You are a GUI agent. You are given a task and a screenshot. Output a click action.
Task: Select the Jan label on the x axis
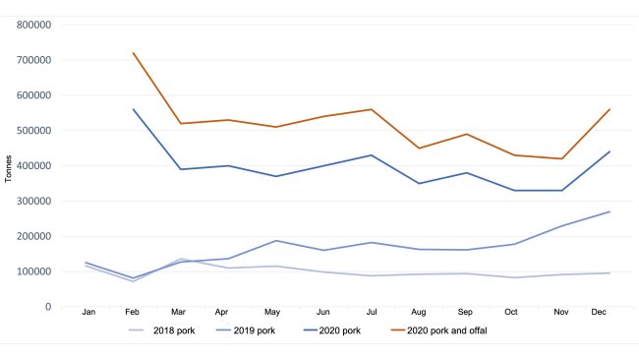pos(89,312)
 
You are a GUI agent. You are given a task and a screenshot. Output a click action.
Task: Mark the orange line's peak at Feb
pos(133,53)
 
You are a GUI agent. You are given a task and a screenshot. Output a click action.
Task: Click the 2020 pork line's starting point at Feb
pos(133,109)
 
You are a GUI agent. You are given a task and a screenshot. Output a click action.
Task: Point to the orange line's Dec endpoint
pos(610,109)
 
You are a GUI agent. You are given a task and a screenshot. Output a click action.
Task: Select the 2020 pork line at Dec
pos(610,151)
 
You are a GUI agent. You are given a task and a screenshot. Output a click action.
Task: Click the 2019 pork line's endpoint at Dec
pos(610,211)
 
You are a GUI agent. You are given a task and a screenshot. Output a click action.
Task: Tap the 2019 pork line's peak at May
pos(277,241)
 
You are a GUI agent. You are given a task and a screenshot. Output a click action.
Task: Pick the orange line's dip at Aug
pos(420,149)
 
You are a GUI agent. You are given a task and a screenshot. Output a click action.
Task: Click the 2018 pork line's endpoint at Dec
pos(610,273)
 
